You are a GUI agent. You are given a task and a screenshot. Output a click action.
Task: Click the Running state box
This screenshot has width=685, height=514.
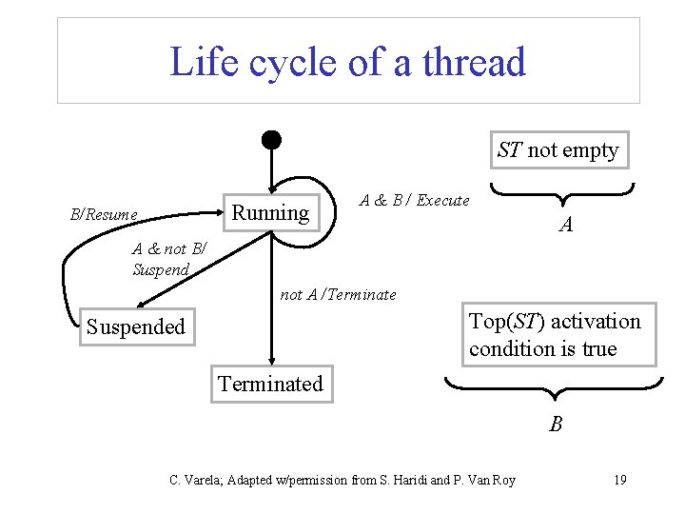271,212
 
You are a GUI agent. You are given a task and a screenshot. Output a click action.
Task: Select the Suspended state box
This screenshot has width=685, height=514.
135,327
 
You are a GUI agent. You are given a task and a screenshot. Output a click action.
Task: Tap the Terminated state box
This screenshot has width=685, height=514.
271,385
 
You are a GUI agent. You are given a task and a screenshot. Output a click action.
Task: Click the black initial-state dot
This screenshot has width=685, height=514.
271,139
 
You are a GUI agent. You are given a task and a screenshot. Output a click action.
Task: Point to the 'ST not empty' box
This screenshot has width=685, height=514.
558,150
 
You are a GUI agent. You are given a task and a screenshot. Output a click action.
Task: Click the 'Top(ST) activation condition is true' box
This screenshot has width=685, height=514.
555,335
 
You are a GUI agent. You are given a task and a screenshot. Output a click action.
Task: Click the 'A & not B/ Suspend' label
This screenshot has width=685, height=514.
165,259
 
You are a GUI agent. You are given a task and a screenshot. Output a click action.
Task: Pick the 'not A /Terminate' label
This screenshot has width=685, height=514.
338,295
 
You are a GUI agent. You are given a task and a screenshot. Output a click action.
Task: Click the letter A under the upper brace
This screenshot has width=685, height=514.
566,226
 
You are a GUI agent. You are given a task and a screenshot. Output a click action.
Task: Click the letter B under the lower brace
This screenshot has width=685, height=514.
556,425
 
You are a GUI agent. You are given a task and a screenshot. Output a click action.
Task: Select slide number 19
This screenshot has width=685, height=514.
619,480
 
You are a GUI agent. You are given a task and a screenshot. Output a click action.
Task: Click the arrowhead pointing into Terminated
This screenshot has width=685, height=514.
271,360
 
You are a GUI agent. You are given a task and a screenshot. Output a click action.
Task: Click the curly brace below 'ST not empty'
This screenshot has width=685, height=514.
561,195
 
